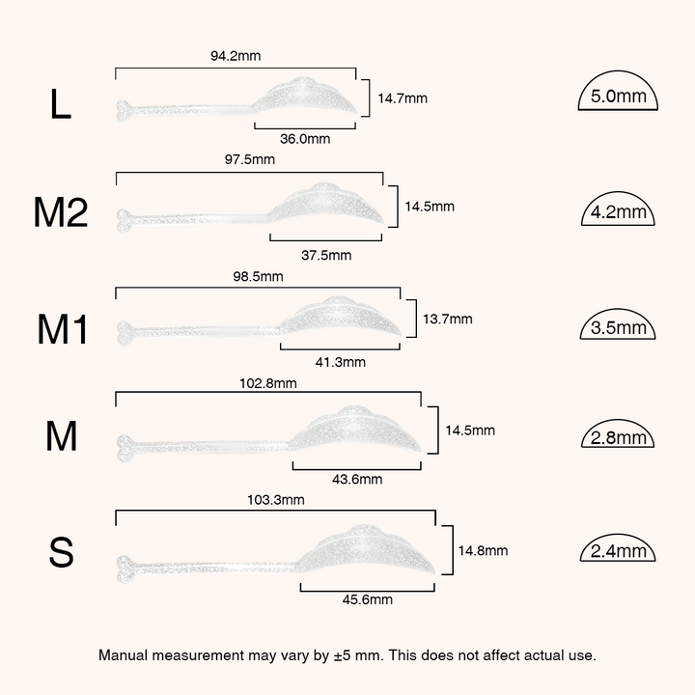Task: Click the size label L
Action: click(x=60, y=103)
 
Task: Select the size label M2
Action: click(x=61, y=212)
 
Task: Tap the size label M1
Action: click(x=62, y=329)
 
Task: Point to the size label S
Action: click(x=61, y=552)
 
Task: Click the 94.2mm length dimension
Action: click(x=236, y=56)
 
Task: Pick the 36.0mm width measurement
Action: click(x=305, y=139)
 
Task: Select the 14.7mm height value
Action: click(x=403, y=97)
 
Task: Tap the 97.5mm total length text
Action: click(x=250, y=159)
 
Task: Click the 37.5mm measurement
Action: click(x=326, y=255)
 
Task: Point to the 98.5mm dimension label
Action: click(x=258, y=276)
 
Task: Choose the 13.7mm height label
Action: click(x=448, y=319)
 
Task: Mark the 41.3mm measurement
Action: click(x=341, y=362)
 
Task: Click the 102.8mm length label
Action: click(x=268, y=383)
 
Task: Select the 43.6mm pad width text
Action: click(x=357, y=479)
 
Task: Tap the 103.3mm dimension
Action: click(x=276, y=500)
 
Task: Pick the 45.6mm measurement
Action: click(x=368, y=599)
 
